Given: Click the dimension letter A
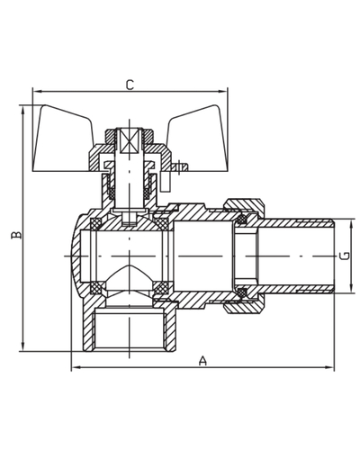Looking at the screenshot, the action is tap(203, 361).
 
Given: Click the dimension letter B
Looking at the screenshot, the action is tap(17, 235).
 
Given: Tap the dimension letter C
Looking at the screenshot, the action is tap(130, 85).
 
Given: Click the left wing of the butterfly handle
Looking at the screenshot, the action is tap(63, 139).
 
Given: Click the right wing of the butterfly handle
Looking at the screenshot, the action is tap(196, 139).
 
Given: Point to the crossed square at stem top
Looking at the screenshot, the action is tap(130, 140).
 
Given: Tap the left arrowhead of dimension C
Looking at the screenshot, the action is tap(37, 91).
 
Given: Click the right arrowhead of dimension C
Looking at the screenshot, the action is tap(223, 91).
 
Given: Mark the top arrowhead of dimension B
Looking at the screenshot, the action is tap(22, 110).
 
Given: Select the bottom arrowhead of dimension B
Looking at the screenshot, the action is tap(22, 346).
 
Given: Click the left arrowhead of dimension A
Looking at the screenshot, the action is tap(76, 367).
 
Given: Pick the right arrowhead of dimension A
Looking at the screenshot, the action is tap(329, 367).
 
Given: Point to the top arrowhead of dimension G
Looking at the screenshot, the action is tap(351, 224).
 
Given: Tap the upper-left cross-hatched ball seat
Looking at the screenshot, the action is tap(96, 224).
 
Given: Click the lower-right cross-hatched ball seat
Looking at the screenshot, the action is tap(161, 288).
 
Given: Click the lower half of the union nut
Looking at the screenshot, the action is tap(244, 305).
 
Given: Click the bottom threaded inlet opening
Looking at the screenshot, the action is tap(130, 331).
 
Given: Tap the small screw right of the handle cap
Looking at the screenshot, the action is tap(179, 166).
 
